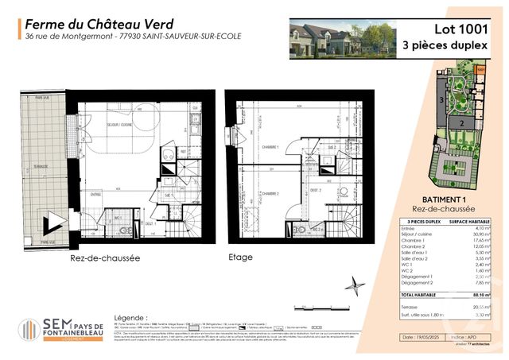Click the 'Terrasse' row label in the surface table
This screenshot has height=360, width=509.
click(410, 306)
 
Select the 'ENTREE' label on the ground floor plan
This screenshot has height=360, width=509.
click(95, 193)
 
